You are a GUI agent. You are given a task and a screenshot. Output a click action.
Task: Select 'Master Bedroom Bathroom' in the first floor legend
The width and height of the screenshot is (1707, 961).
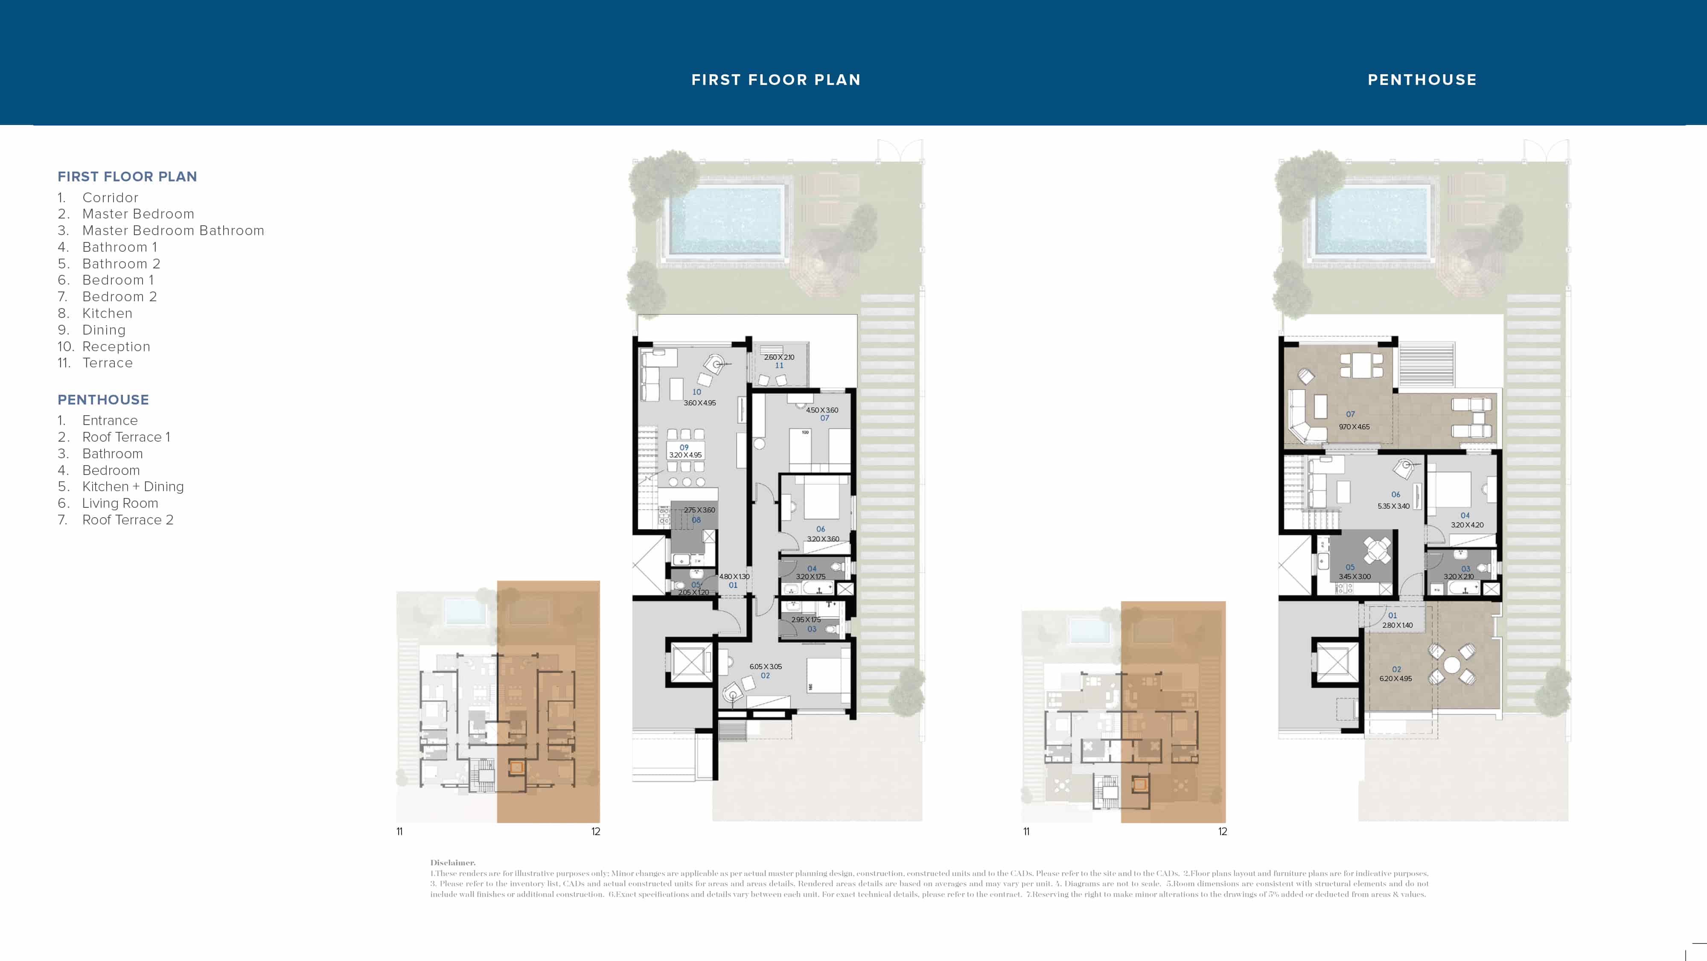click(x=173, y=230)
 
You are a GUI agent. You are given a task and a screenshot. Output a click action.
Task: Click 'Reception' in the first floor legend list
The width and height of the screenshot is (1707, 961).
click(x=116, y=347)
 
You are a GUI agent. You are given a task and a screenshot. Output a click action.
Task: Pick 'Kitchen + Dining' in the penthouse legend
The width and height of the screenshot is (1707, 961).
click(x=133, y=486)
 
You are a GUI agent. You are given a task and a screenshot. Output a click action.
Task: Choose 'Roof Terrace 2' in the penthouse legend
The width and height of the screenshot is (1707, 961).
click(x=127, y=520)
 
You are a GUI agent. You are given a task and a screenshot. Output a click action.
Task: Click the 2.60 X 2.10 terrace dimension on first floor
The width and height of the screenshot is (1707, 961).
click(x=779, y=357)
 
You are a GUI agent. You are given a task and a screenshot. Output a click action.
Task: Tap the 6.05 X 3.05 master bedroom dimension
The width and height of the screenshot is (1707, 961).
click(x=765, y=667)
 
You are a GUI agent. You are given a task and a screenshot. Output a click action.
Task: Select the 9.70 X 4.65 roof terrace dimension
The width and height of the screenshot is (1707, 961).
click(x=1354, y=427)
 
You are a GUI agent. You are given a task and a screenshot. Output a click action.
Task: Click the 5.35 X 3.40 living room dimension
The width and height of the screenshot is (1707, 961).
click(x=1394, y=507)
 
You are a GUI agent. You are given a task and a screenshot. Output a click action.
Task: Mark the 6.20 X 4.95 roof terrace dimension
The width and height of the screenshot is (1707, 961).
click(x=1395, y=679)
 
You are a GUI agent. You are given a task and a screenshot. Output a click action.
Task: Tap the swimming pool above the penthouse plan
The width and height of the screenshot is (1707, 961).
click(x=1371, y=221)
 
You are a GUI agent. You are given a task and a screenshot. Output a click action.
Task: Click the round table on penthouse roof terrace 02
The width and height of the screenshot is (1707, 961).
click(x=1452, y=665)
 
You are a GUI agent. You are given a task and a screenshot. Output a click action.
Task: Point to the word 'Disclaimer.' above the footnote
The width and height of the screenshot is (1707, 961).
click(x=453, y=862)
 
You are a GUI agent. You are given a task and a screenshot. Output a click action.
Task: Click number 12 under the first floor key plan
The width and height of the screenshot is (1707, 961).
click(x=596, y=832)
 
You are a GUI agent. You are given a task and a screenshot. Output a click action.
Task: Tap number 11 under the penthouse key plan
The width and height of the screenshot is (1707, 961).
click(x=1026, y=832)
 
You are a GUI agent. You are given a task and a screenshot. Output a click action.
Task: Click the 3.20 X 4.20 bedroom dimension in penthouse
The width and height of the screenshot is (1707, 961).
click(x=1467, y=525)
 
